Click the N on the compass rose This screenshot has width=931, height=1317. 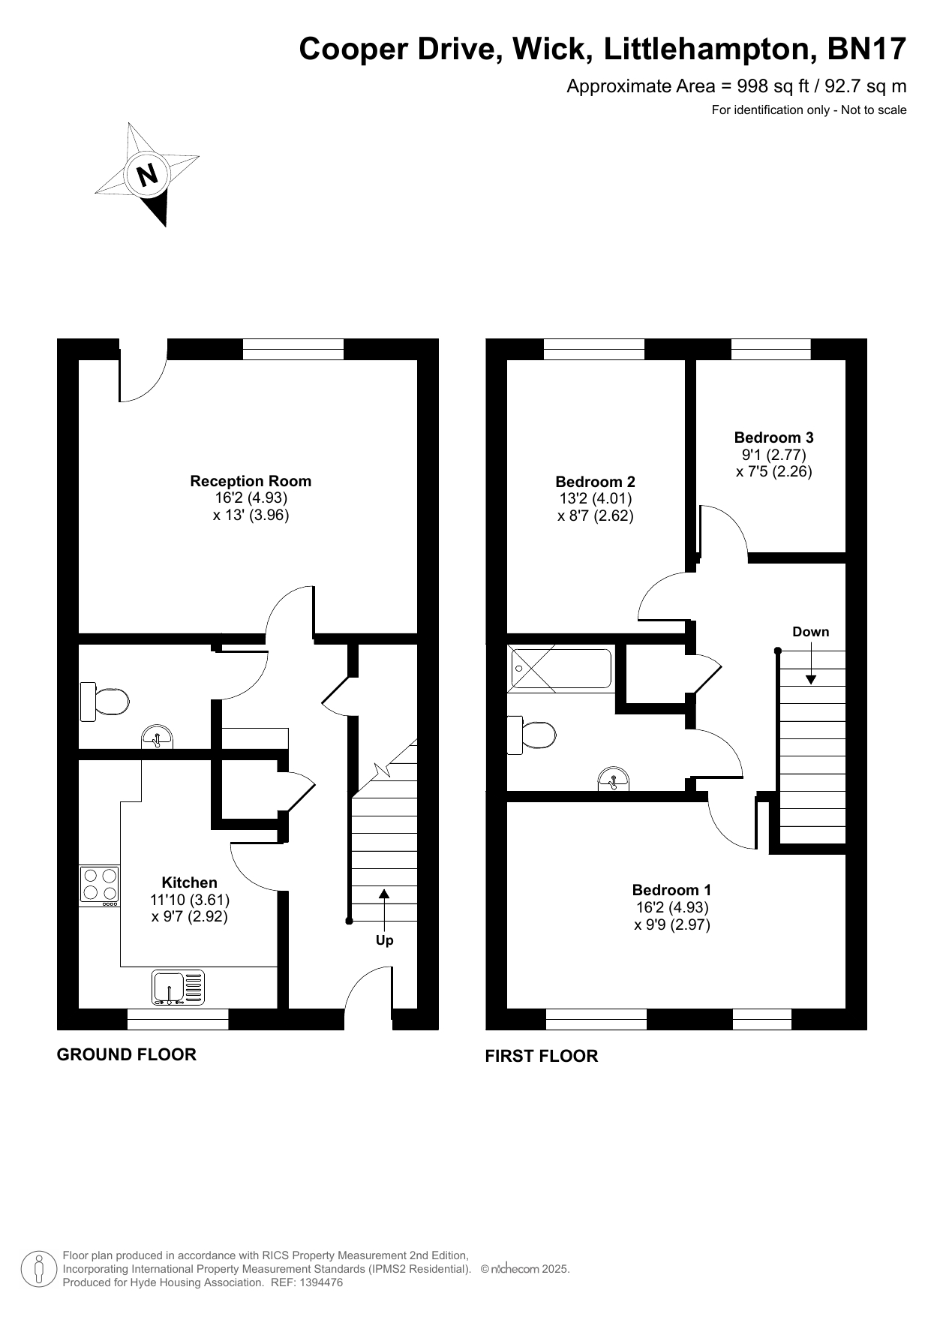[148, 175]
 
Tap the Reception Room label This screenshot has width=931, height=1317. [251, 481]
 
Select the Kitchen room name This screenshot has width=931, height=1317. [190, 883]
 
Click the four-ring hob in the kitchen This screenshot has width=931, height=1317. [100, 886]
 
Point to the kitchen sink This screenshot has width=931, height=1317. [178, 988]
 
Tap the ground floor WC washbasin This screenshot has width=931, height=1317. [158, 737]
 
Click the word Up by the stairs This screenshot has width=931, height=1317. [384, 940]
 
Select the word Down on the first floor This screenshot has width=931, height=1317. [811, 632]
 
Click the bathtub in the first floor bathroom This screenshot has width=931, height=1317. [560, 669]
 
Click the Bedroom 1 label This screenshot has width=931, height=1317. [671, 890]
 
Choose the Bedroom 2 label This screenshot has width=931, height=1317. [595, 482]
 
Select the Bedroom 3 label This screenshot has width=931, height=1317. [773, 437]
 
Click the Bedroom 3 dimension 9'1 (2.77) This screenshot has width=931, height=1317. [773, 455]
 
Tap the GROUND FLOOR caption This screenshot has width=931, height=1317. [127, 1054]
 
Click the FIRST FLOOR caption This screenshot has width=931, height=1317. [542, 1056]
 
